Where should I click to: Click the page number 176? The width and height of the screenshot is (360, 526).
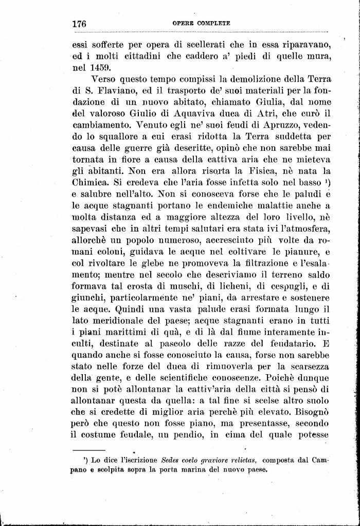[79, 24]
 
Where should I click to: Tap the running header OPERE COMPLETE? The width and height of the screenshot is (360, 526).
[201, 24]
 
